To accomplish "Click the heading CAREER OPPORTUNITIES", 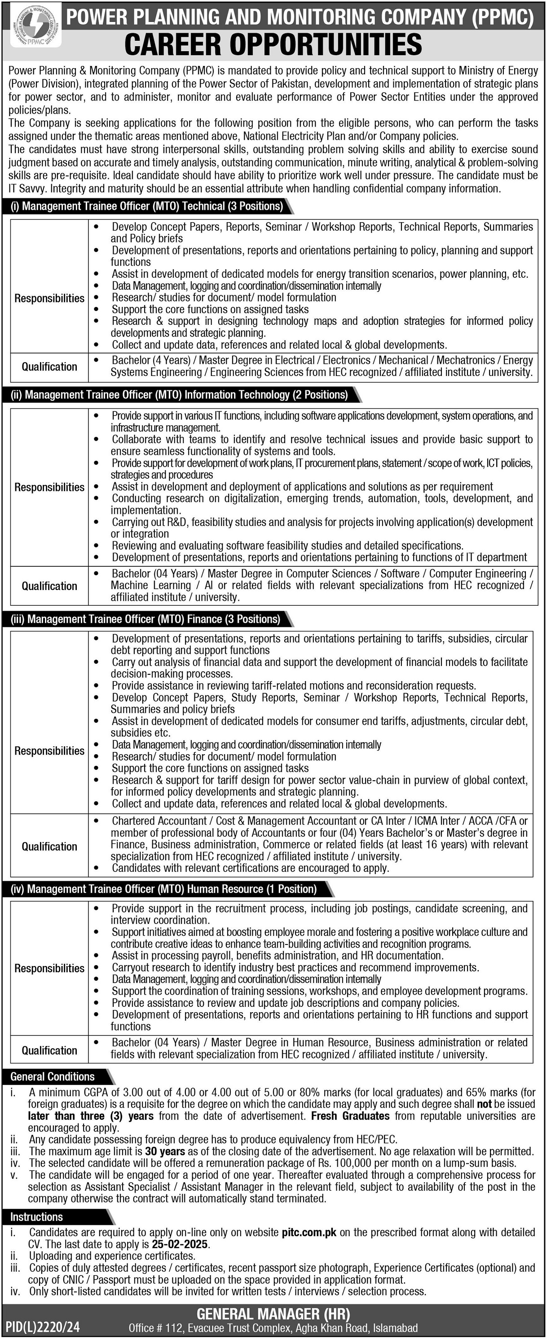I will click(x=273, y=45).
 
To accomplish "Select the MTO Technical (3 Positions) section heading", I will click(x=146, y=206).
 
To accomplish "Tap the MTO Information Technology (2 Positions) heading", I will click(x=179, y=395).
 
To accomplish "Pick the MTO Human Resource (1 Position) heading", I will click(x=164, y=889).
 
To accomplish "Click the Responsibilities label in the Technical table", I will click(x=49, y=298).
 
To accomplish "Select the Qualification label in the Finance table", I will click(x=49, y=847).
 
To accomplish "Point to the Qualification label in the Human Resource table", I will click(x=49, y=1050).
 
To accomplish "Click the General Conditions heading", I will click(x=53, y=1076).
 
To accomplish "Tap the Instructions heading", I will click(x=36, y=1217).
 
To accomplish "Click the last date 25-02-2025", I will click(x=180, y=1244).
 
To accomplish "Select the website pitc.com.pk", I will click(x=309, y=1232).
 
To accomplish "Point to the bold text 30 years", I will click(x=165, y=1151).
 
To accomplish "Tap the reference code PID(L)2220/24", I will click(x=43, y=1326).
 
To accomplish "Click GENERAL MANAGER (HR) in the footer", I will click(x=273, y=1314).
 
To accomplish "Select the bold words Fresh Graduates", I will click(x=350, y=1116).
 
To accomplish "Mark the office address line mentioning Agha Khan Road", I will click(x=273, y=1328).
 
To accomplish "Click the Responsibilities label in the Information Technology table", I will click(x=49, y=487).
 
